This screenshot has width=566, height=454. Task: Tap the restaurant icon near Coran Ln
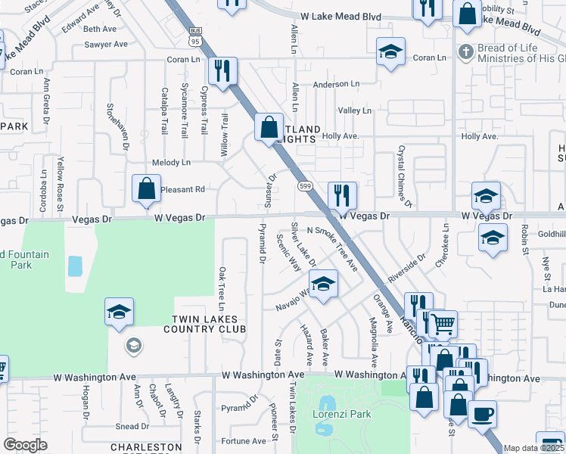(223, 71)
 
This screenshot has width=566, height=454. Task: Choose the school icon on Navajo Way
(323, 284)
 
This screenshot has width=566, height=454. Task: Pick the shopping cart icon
(443, 325)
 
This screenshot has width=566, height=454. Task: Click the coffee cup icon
(482, 415)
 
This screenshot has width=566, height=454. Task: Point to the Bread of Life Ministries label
(514, 53)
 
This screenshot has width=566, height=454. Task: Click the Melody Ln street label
(171, 163)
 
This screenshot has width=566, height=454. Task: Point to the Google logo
(25, 445)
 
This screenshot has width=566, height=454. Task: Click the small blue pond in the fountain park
(75, 266)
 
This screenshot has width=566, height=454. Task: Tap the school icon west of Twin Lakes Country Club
(120, 311)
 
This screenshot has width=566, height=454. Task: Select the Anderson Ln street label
(336, 85)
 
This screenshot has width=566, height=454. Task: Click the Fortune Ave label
(243, 441)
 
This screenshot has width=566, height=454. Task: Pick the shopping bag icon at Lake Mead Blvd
(467, 14)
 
